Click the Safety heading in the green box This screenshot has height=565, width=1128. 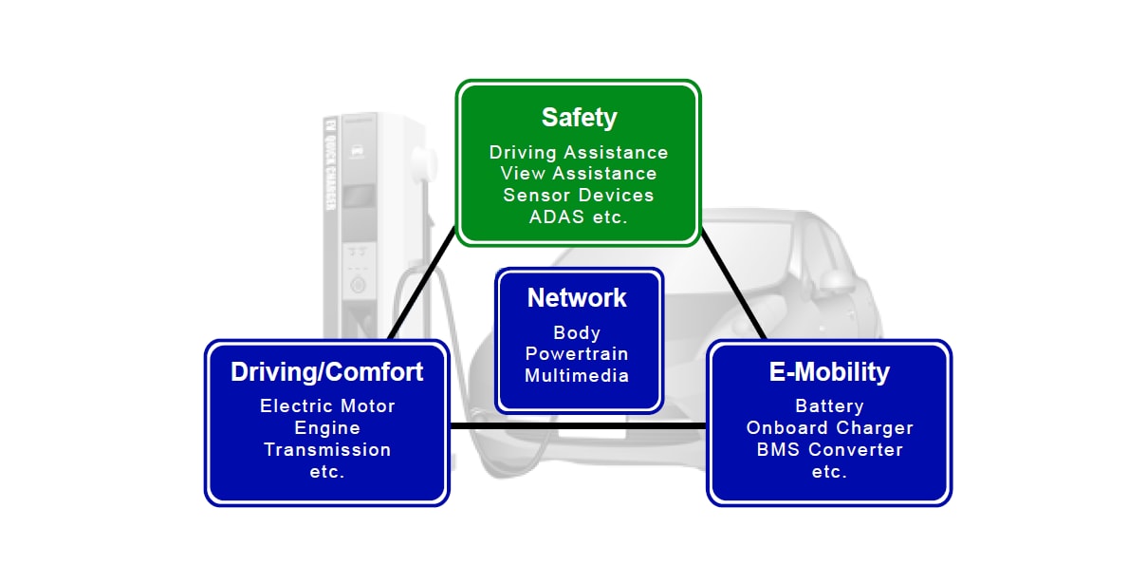[579, 118]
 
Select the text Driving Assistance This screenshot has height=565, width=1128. [579, 153]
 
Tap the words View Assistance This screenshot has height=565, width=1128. [579, 174]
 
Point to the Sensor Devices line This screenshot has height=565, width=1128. [579, 195]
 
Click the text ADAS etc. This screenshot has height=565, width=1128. [579, 216]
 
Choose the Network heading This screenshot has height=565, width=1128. [577, 298]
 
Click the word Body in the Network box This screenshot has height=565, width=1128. [577, 333]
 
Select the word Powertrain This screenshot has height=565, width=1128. [577, 354]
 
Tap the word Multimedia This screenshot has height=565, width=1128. [577, 375]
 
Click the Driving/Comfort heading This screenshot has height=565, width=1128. [326, 372]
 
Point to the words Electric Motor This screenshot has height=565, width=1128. [327, 406]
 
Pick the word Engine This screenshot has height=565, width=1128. [327, 428]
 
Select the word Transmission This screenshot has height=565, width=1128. [327, 449]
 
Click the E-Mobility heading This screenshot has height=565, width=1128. [829, 372]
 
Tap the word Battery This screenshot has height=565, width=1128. [829, 406]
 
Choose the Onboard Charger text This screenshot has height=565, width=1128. [829, 428]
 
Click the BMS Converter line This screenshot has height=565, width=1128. [829, 449]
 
